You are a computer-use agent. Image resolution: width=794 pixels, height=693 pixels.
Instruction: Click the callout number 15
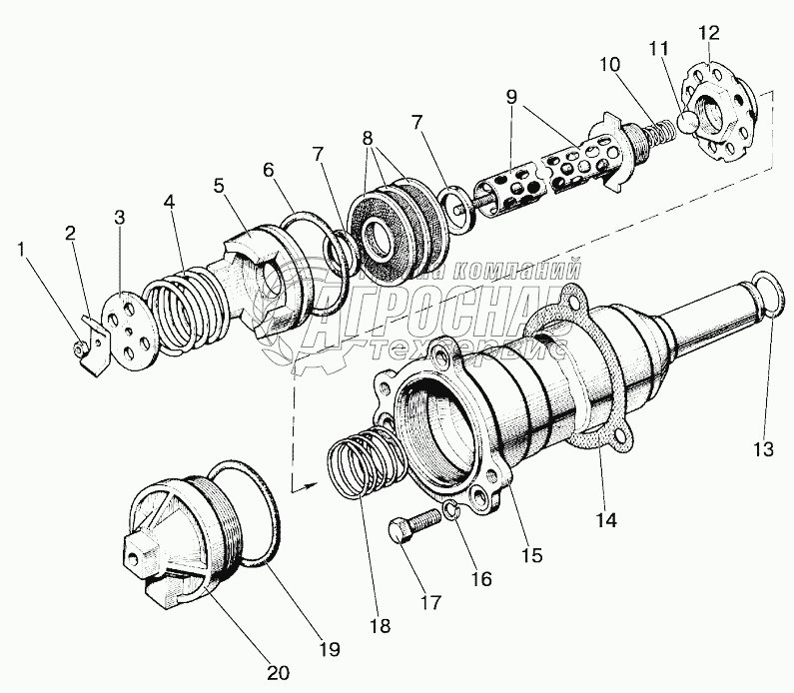click(531, 554)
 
